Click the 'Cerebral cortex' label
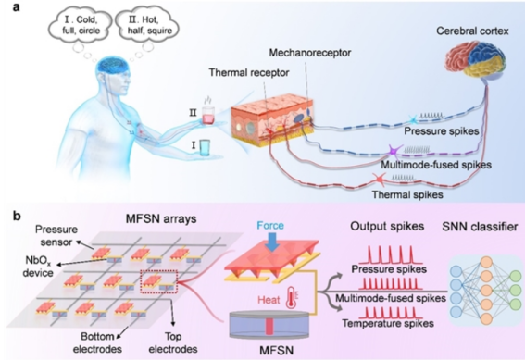coord(472,31)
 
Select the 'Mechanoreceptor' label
coord(310,53)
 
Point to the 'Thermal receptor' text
coord(249,72)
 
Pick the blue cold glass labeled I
coord(205,147)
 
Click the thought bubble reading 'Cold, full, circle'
coord(81,25)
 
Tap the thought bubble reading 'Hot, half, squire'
coord(147,25)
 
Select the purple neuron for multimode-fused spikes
coord(394,152)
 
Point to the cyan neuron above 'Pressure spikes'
coord(414,119)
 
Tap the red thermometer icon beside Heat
coord(292,298)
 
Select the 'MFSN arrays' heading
coord(161,218)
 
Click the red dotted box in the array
coord(158,281)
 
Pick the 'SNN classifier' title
coord(480,227)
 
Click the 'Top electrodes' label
coord(173,342)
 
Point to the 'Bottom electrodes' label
coord(97,342)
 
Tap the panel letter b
coord(17,217)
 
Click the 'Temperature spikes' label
coord(388,324)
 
